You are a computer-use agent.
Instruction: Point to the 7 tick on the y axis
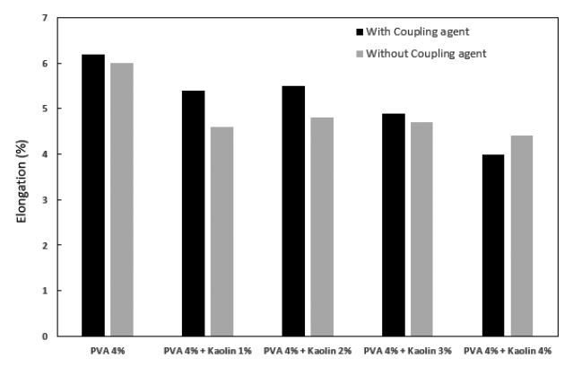[x=45, y=18]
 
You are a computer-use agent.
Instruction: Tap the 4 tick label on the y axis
[x=45, y=154]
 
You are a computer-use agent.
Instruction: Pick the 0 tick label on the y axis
[x=45, y=336]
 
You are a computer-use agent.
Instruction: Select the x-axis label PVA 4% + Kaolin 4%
[x=508, y=351]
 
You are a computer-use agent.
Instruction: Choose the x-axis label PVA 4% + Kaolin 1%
[x=208, y=351]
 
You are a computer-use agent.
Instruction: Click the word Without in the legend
[x=386, y=53]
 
